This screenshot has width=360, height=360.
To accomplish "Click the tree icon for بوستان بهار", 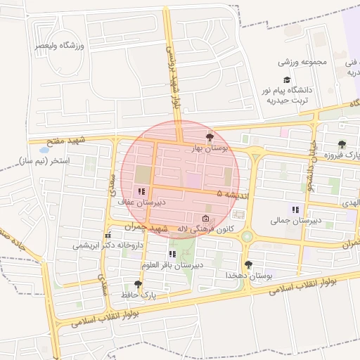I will click(x=209, y=137).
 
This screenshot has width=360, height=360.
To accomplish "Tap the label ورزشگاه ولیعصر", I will click(x=60, y=46).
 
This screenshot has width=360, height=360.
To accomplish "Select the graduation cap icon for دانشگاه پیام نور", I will click(x=286, y=79).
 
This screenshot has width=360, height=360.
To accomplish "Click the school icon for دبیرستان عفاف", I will click(x=141, y=191).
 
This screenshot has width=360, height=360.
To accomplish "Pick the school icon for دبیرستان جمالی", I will click(x=296, y=209).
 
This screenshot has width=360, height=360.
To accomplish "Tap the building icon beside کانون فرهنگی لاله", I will click(x=205, y=218).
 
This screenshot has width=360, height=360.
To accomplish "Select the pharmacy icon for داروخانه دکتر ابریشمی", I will click(x=108, y=235).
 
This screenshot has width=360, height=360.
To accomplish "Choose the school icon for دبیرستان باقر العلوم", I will click(x=172, y=254).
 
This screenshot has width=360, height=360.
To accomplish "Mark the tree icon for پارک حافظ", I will click(x=138, y=284).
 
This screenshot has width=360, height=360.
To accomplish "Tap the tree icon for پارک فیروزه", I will click(x=342, y=144).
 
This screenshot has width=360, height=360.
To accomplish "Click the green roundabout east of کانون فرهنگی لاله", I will click(x=247, y=238).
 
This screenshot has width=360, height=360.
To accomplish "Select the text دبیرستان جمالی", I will click(x=296, y=220).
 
